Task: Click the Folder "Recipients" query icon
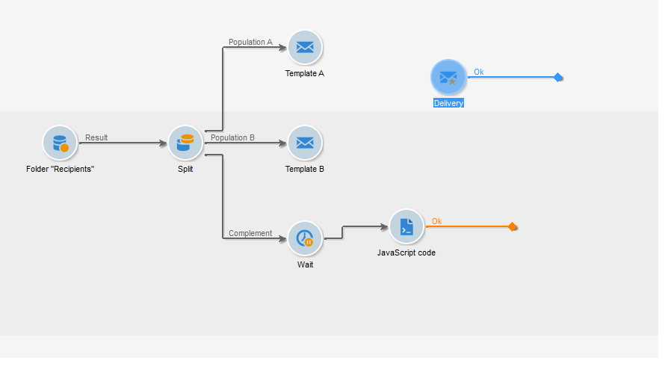click(61, 143)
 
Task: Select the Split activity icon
click(185, 143)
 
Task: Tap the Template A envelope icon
click(305, 48)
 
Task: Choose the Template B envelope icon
click(305, 143)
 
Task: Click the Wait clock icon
click(305, 238)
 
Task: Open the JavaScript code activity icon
click(406, 226)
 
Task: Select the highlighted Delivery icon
click(448, 77)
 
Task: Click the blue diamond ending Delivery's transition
click(557, 77)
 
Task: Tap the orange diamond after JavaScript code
click(512, 226)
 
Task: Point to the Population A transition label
click(250, 42)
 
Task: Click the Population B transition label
click(232, 137)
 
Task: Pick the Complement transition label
click(250, 233)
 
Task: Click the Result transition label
click(96, 137)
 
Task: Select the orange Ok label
click(437, 221)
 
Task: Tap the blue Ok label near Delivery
click(479, 72)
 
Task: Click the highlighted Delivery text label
click(448, 103)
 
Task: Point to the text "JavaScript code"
click(406, 252)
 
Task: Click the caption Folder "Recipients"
click(61, 169)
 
